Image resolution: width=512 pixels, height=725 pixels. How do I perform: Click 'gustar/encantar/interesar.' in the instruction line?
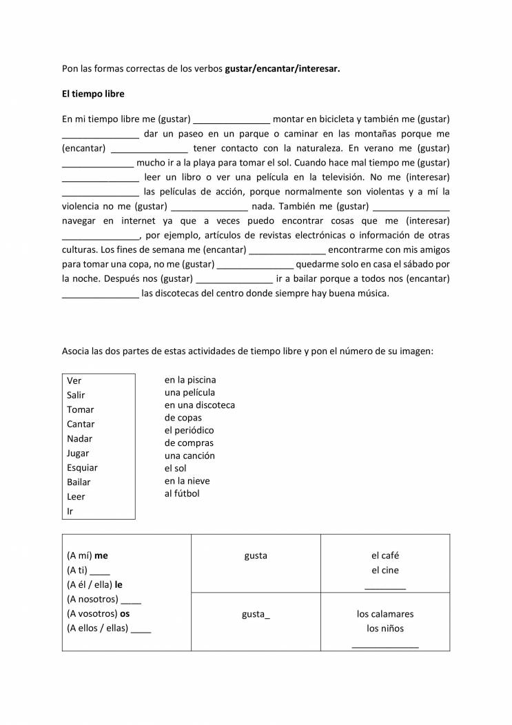point(283,69)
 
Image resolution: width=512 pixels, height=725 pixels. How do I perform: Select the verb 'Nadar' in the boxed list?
point(79,438)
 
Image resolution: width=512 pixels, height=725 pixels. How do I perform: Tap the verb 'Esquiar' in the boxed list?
point(82,467)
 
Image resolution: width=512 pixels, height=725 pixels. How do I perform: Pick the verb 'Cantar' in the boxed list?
point(81,424)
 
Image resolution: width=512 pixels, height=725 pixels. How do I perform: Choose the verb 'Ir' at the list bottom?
point(70,511)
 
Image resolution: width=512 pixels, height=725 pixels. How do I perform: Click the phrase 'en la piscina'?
point(190,380)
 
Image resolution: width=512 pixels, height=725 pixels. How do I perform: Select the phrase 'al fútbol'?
point(182,493)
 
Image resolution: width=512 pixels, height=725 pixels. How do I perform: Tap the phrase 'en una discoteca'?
point(200,405)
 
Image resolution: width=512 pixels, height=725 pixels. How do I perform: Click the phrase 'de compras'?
point(189,442)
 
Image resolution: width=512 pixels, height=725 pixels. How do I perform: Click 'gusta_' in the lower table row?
point(256,613)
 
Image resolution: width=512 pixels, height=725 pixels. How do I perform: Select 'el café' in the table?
point(385,555)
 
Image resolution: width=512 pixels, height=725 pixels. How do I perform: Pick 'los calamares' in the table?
point(385,613)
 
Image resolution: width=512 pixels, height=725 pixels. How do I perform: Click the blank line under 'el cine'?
point(385,588)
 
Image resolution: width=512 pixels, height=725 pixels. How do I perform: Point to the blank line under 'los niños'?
point(385,646)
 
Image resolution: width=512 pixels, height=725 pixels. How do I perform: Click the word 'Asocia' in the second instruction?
point(76,351)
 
